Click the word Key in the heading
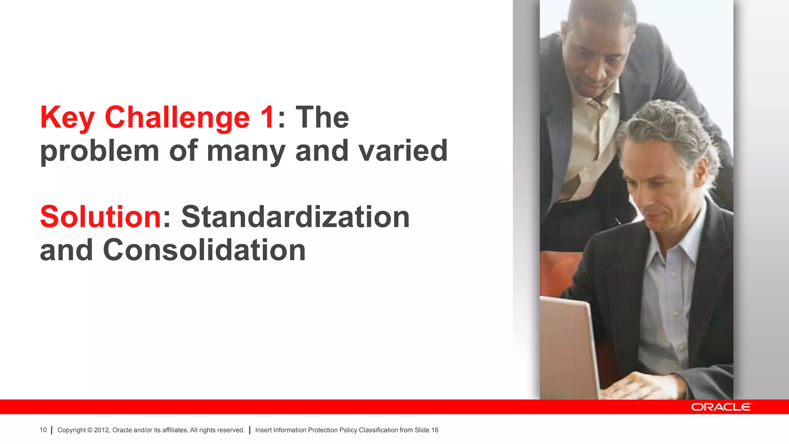[x=67, y=118]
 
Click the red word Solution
[x=101, y=217]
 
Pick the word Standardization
[x=295, y=217]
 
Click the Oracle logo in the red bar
[x=721, y=407]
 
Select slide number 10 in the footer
[x=43, y=430]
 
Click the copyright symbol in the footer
[x=90, y=430]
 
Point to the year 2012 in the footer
[x=102, y=430]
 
